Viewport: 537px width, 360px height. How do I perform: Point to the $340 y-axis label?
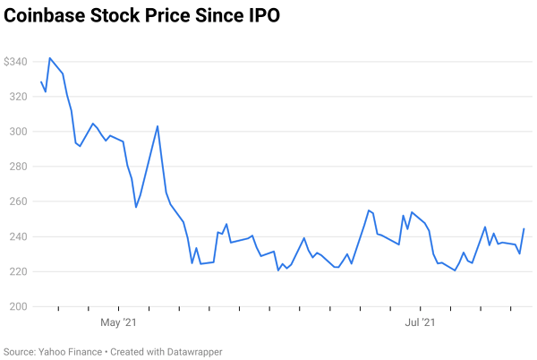tap(15, 62)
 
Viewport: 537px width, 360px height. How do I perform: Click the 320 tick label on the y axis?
tap(18, 97)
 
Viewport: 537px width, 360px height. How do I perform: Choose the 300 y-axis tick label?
tap(18, 132)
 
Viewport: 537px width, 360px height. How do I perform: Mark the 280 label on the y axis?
tap(18, 167)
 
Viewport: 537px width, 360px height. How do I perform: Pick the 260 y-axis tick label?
tap(18, 201)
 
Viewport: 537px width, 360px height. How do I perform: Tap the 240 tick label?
tap(18, 236)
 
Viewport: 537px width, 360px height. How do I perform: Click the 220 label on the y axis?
tap(18, 271)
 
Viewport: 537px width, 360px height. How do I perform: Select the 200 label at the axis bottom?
tap(18, 306)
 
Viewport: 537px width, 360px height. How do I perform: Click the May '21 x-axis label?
tap(118, 321)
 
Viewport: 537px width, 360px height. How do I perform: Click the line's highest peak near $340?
tap(49, 58)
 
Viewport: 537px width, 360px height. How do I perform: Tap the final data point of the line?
tap(524, 228)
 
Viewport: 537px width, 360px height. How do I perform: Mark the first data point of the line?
tap(41, 82)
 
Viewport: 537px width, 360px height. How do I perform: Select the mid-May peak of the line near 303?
tap(158, 126)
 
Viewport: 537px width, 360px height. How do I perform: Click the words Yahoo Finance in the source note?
tap(71, 352)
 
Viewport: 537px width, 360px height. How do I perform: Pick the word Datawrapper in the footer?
tap(191, 352)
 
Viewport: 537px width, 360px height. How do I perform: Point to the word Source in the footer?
tap(20, 352)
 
